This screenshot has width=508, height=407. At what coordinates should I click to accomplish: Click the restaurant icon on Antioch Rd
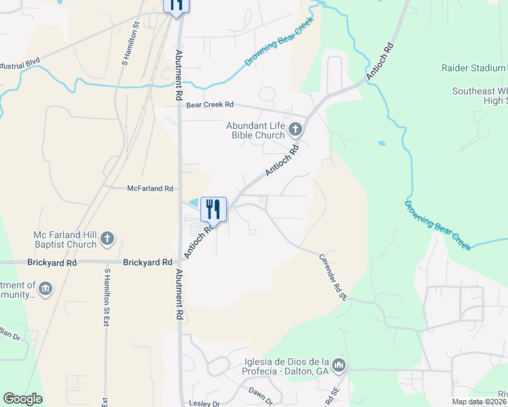pyautogui.click(x=213, y=210)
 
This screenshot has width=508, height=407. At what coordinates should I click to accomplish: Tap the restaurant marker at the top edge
pyautogui.click(x=176, y=5)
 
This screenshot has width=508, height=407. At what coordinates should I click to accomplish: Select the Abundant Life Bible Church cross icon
pyautogui.click(x=295, y=128)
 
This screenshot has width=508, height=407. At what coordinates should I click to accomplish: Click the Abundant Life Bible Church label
pyautogui.click(x=256, y=130)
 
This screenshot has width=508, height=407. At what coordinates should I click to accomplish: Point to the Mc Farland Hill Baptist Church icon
pyautogui.click(x=107, y=238)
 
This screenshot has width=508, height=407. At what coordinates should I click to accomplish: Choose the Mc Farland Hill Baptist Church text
pyautogui.click(x=65, y=239)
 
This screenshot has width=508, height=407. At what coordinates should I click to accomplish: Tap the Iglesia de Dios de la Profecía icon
pyautogui.click(x=340, y=366)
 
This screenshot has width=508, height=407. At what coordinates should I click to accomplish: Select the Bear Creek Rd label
pyautogui.click(x=210, y=104)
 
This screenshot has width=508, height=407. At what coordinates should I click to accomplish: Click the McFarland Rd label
pyautogui.click(x=151, y=188)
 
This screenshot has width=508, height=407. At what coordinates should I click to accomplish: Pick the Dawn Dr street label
pyautogui.click(x=260, y=396)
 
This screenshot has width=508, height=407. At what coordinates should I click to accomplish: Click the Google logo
pyautogui.click(x=22, y=400)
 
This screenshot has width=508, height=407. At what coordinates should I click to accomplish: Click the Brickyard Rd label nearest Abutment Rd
pyautogui.click(x=147, y=262)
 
